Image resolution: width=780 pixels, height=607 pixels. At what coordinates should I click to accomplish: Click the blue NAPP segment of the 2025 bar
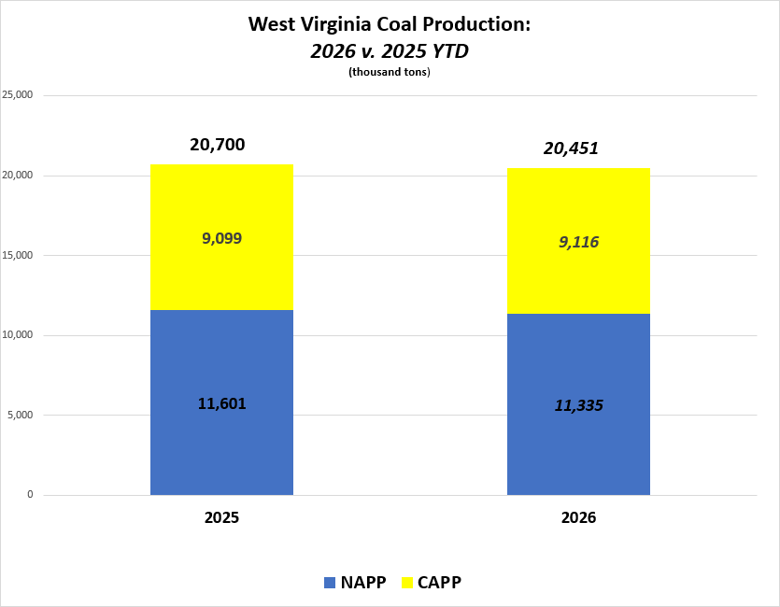[221, 448]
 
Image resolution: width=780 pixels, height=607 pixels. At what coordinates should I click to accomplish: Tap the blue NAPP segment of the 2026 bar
[578, 448]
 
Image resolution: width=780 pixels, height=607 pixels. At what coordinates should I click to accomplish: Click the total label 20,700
[217, 145]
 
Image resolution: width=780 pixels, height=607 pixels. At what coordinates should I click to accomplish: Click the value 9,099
[221, 238]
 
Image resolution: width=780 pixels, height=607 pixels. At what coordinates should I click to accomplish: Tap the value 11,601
[221, 403]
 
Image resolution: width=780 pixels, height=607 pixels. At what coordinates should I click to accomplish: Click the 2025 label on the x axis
[221, 517]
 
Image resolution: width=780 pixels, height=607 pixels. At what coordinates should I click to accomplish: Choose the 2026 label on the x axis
[578, 517]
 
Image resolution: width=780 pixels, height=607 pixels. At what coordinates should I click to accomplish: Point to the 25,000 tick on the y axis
[18, 95]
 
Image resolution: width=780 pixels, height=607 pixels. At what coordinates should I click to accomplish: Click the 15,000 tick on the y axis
[18, 255]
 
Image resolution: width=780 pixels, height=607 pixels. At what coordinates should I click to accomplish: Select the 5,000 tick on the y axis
[21, 415]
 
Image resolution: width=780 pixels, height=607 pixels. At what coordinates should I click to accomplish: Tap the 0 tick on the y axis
[30, 495]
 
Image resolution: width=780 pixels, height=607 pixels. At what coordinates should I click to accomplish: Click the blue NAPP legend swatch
[329, 583]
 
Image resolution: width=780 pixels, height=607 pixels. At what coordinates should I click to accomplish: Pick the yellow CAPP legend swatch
[407, 583]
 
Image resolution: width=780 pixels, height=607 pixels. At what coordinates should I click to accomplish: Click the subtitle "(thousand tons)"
[389, 73]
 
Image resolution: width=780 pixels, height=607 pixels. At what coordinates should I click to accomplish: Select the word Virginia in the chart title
[341, 24]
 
